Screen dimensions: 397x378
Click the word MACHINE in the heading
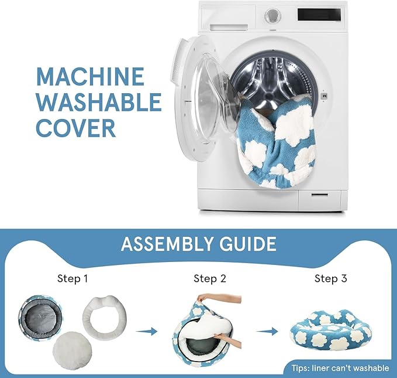point(91,76)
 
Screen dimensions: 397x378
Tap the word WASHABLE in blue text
point(99,101)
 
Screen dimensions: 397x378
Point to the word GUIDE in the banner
point(248,244)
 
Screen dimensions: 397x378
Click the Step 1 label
point(73,278)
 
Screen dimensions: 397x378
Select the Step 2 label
point(210,278)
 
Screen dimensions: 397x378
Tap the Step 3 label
point(331,278)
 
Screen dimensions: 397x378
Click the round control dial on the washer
point(272,16)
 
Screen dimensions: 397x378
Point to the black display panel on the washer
point(319,15)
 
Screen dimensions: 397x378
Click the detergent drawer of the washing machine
point(229,27)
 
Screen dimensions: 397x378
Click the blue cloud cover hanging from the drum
point(276,142)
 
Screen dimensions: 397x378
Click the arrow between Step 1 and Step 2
point(147,331)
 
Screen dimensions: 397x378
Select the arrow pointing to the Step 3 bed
point(267,331)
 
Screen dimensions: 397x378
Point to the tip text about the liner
point(340,368)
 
